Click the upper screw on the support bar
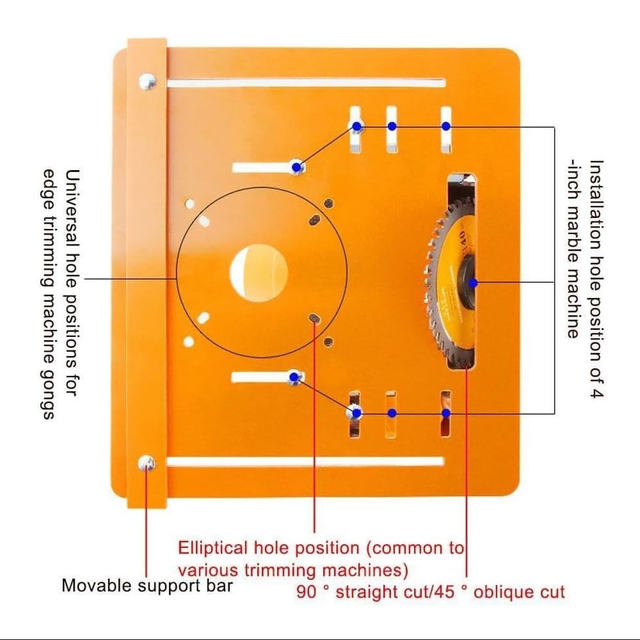(148, 82)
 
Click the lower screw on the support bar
(147, 464)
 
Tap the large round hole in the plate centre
(259, 272)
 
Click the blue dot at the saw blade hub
(473, 283)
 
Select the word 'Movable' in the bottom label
(97, 585)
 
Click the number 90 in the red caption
(306, 591)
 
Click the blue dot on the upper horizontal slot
(297, 167)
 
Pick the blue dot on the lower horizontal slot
(294, 377)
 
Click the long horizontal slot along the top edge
(306, 83)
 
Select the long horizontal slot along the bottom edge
(305, 462)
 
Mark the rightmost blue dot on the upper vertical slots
(446, 127)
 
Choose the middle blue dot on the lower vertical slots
(392, 413)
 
